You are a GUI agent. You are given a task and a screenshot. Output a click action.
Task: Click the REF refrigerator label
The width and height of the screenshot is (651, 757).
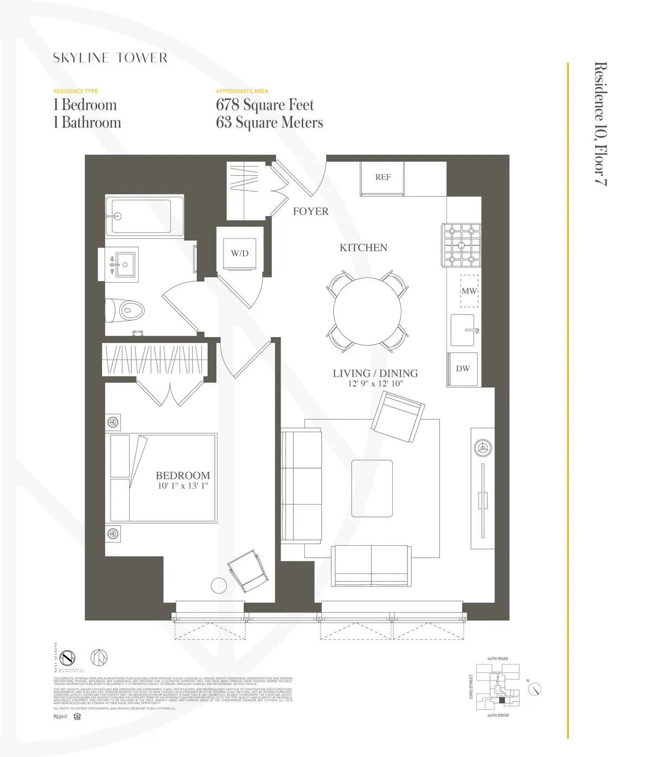pyautogui.click(x=382, y=177)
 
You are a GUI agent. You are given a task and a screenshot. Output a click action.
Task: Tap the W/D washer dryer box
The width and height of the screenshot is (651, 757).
pyautogui.click(x=239, y=253)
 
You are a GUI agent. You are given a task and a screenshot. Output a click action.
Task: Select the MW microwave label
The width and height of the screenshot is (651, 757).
pyautogui.click(x=469, y=291)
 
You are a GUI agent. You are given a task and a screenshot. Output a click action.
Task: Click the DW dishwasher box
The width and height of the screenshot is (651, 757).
pyautogui.click(x=463, y=369)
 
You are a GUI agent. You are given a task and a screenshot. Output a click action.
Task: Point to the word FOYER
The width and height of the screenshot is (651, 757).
pyautogui.click(x=310, y=211)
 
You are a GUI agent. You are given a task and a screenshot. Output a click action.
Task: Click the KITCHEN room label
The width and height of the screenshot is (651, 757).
pyautogui.click(x=363, y=248)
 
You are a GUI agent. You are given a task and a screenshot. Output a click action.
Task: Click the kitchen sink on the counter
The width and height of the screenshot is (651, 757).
pyautogui.click(x=463, y=330)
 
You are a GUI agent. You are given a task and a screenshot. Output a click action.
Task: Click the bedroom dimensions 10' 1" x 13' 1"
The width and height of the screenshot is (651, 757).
pyautogui.click(x=183, y=487)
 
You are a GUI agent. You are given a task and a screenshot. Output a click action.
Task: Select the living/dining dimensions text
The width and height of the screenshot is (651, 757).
pyautogui.click(x=375, y=384)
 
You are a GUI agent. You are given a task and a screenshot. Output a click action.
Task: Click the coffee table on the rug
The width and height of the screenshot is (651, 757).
pyautogui.click(x=372, y=488)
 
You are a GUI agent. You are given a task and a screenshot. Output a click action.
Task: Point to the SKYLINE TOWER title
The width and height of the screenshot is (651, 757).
pyautogui.click(x=110, y=58)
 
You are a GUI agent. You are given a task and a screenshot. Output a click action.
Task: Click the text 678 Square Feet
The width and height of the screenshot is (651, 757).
pyautogui.click(x=265, y=105)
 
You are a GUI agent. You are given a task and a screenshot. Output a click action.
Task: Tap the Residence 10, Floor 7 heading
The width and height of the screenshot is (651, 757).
pyautogui.click(x=600, y=124)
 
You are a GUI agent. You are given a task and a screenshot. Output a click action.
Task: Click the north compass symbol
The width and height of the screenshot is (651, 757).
pyautogui.click(x=535, y=689)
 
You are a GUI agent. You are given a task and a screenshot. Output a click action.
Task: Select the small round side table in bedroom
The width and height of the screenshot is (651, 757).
pyautogui.click(x=219, y=585)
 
